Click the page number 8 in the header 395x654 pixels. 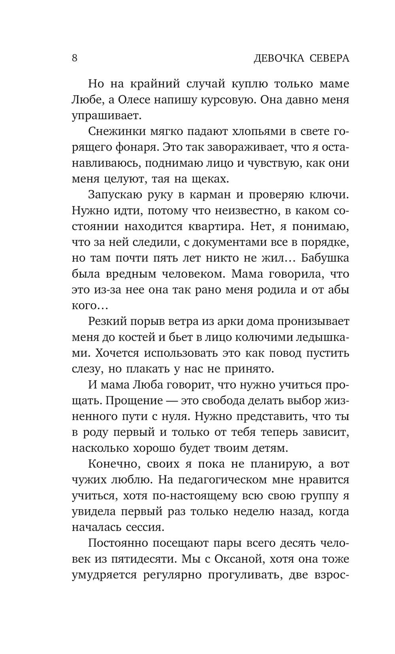(75, 58)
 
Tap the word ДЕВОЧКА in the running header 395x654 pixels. (279, 59)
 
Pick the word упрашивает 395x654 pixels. (105, 116)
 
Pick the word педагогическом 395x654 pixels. (224, 480)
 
